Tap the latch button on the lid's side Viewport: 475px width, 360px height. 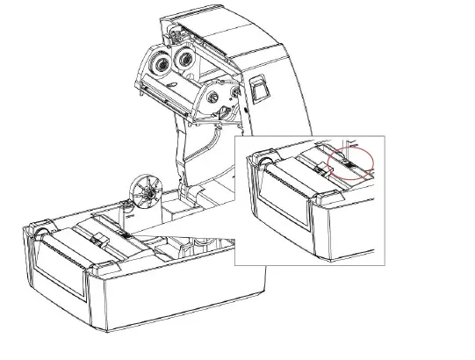(x=258, y=87)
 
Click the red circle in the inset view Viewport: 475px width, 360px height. (x=349, y=162)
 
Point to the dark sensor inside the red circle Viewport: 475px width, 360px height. (x=347, y=164)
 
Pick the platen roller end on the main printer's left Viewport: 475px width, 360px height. (x=41, y=234)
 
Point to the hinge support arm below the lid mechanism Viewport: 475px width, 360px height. (x=189, y=149)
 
